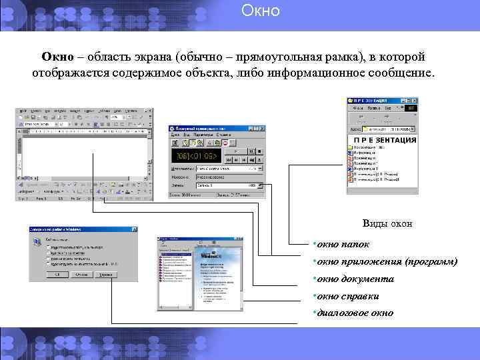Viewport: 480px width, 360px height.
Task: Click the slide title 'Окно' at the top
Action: [x=260, y=11]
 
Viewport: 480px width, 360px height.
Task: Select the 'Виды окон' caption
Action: [x=387, y=223]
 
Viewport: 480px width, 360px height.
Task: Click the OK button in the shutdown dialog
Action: [x=57, y=274]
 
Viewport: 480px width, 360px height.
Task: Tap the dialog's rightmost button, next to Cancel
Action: [x=103, y=274]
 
